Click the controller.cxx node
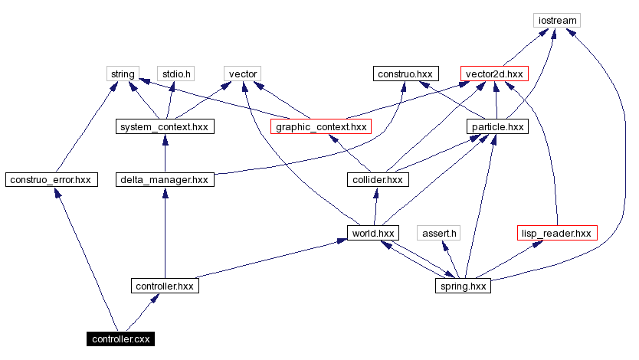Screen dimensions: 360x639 [120, 339]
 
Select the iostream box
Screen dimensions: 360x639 [557, 20]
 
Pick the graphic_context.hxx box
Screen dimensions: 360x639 [321, 126]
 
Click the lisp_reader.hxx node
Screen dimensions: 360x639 [556, 233]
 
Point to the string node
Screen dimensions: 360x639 [123, 74]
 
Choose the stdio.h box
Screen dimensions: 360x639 [175, 74]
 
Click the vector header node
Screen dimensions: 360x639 [243, 74]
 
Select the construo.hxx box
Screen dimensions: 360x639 [405, 74]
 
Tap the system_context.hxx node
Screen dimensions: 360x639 [165, 126]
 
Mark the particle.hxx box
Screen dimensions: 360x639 [496, 126]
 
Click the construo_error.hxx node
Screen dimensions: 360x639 [49, 180]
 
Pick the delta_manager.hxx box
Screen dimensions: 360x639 [165, 180]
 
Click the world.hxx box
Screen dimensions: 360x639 [372, 233]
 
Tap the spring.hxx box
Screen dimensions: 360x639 [461, 286]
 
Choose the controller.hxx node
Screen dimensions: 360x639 [165, 286]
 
